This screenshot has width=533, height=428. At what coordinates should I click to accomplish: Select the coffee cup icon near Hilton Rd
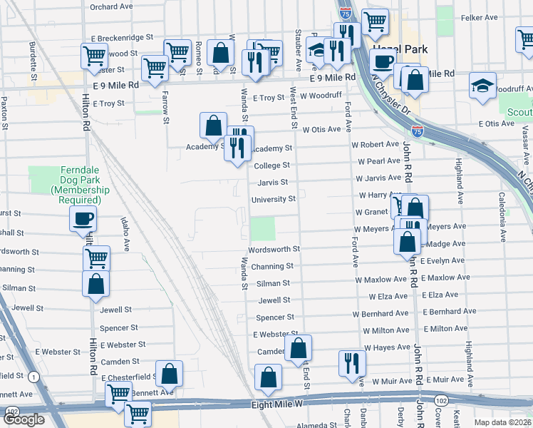click(83, 219)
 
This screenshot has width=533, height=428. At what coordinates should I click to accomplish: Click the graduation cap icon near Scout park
click(482, 86)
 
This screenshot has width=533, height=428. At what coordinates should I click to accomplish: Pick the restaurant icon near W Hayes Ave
click(351, 362)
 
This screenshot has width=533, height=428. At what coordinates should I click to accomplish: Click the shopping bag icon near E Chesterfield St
click(170, 373)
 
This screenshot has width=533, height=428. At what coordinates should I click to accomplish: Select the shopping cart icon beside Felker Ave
click(375, 22)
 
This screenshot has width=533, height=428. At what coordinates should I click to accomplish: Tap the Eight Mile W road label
click(278, 404)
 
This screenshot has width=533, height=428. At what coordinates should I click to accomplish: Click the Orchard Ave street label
click(111, 6)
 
